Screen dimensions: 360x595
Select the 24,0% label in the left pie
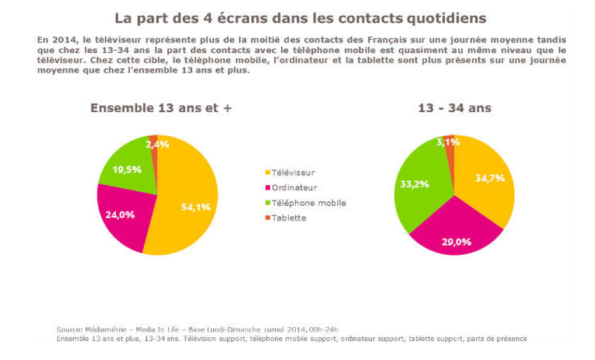(x=120, y=214)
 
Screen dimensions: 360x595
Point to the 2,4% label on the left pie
(x=158, y=144)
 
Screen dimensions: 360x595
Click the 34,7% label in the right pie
(x=490, y=178)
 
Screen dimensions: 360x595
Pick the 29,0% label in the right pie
(x=456, y=241)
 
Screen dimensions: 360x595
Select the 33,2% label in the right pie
(x=415, y=184)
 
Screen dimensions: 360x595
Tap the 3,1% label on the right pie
(x=448, y=141)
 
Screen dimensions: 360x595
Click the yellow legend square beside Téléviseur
(x=268, y=173)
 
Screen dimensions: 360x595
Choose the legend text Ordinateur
(x=295, y=188)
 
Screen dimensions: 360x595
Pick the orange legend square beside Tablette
(x=268, y=218)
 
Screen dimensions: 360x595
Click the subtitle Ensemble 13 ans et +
(x=156, y=108)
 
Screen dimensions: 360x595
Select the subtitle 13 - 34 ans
(x=455, y=108)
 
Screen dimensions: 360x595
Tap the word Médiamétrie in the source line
(x=102, y=328)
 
